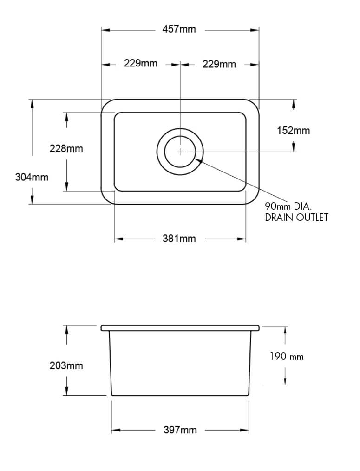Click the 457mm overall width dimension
click(x=179, y=29)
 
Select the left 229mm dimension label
click(x=140, y=63)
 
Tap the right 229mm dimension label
click(x=219, y=64)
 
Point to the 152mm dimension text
click(x=293, y=131)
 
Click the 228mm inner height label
click(x=66, y=149)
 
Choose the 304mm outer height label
click(x=32, y=177)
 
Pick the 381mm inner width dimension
click(x=179, y=239)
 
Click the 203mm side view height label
click(x=66, y=365)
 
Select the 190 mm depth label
click(x=287, y=357)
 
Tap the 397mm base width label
click(x=180, y=430)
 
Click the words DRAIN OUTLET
click(x=296, y=217)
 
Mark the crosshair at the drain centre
click(x=180, y=152)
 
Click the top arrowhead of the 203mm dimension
click(x=67, y=328)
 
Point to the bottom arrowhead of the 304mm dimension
click(x=32, y=200)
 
